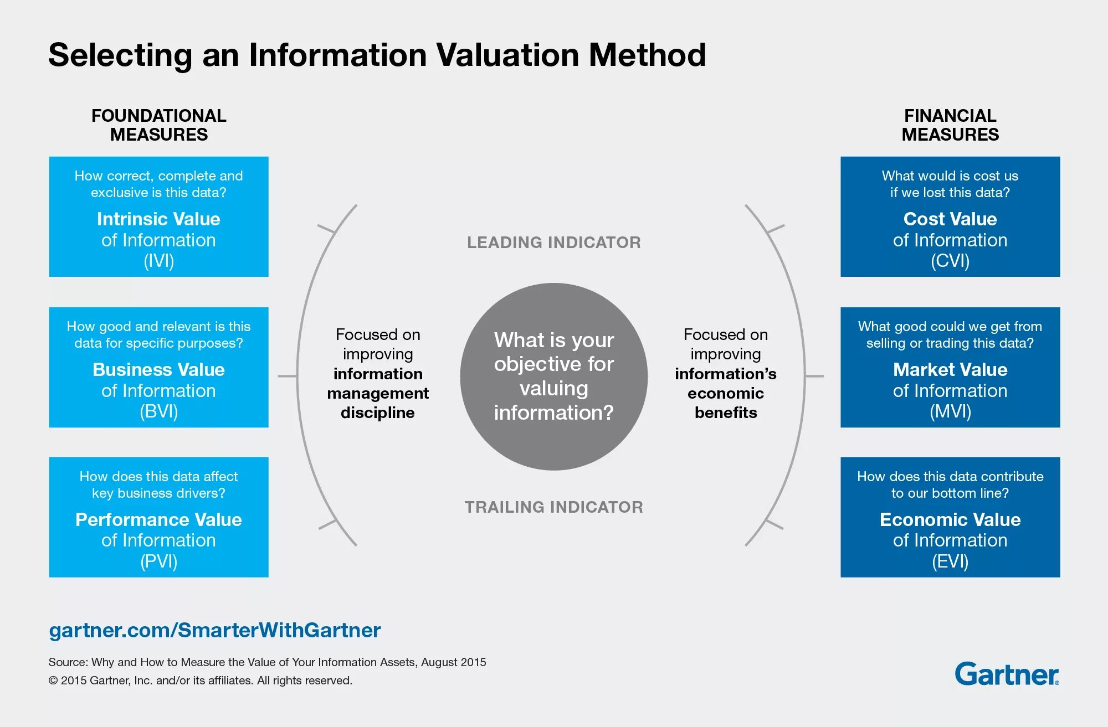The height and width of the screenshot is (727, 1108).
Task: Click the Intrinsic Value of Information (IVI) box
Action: [158, 216]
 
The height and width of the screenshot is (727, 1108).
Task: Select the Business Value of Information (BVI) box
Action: [158, 367]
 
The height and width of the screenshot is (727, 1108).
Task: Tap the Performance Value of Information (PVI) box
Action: [158, 517]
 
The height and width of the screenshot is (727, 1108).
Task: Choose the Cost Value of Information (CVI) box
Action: [950, 216]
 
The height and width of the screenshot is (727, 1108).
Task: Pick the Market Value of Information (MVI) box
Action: [950, 367]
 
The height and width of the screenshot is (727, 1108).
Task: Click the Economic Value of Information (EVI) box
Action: [950, 517]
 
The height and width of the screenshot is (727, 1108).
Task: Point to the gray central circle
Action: [554, 377]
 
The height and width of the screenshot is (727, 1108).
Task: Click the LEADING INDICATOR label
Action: [554, 243]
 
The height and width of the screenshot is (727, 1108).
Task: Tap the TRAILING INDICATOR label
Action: [554, 507]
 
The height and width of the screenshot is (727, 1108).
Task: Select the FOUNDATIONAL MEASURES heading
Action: [159, 125]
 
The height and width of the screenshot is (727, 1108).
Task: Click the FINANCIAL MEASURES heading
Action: [950, 125]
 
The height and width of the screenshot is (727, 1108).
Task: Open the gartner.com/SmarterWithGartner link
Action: [215, 630]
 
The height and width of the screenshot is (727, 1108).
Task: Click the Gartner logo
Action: [1007, 674]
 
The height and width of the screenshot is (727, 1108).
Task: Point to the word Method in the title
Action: [647, 55]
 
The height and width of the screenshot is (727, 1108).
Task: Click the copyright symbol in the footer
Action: [53, 680]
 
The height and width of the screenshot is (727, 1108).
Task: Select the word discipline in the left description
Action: [378, 413]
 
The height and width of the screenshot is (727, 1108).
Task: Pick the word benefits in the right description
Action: [726, 413]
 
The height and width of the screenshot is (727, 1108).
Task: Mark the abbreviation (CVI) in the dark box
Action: [950, 261]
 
